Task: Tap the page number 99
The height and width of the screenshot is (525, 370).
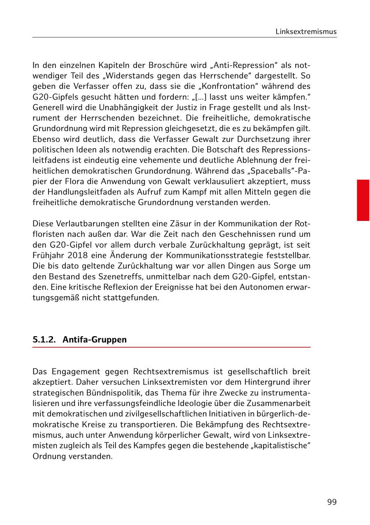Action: click(x=332, y=502)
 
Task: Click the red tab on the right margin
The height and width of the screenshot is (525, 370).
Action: click(x=363, y=200)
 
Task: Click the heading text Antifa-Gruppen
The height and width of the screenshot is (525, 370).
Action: click(x=95, y=339)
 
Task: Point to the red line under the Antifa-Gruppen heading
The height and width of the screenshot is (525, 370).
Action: click(x=171, y=348)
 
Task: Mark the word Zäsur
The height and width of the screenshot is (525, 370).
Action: click(x=173, y=223)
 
